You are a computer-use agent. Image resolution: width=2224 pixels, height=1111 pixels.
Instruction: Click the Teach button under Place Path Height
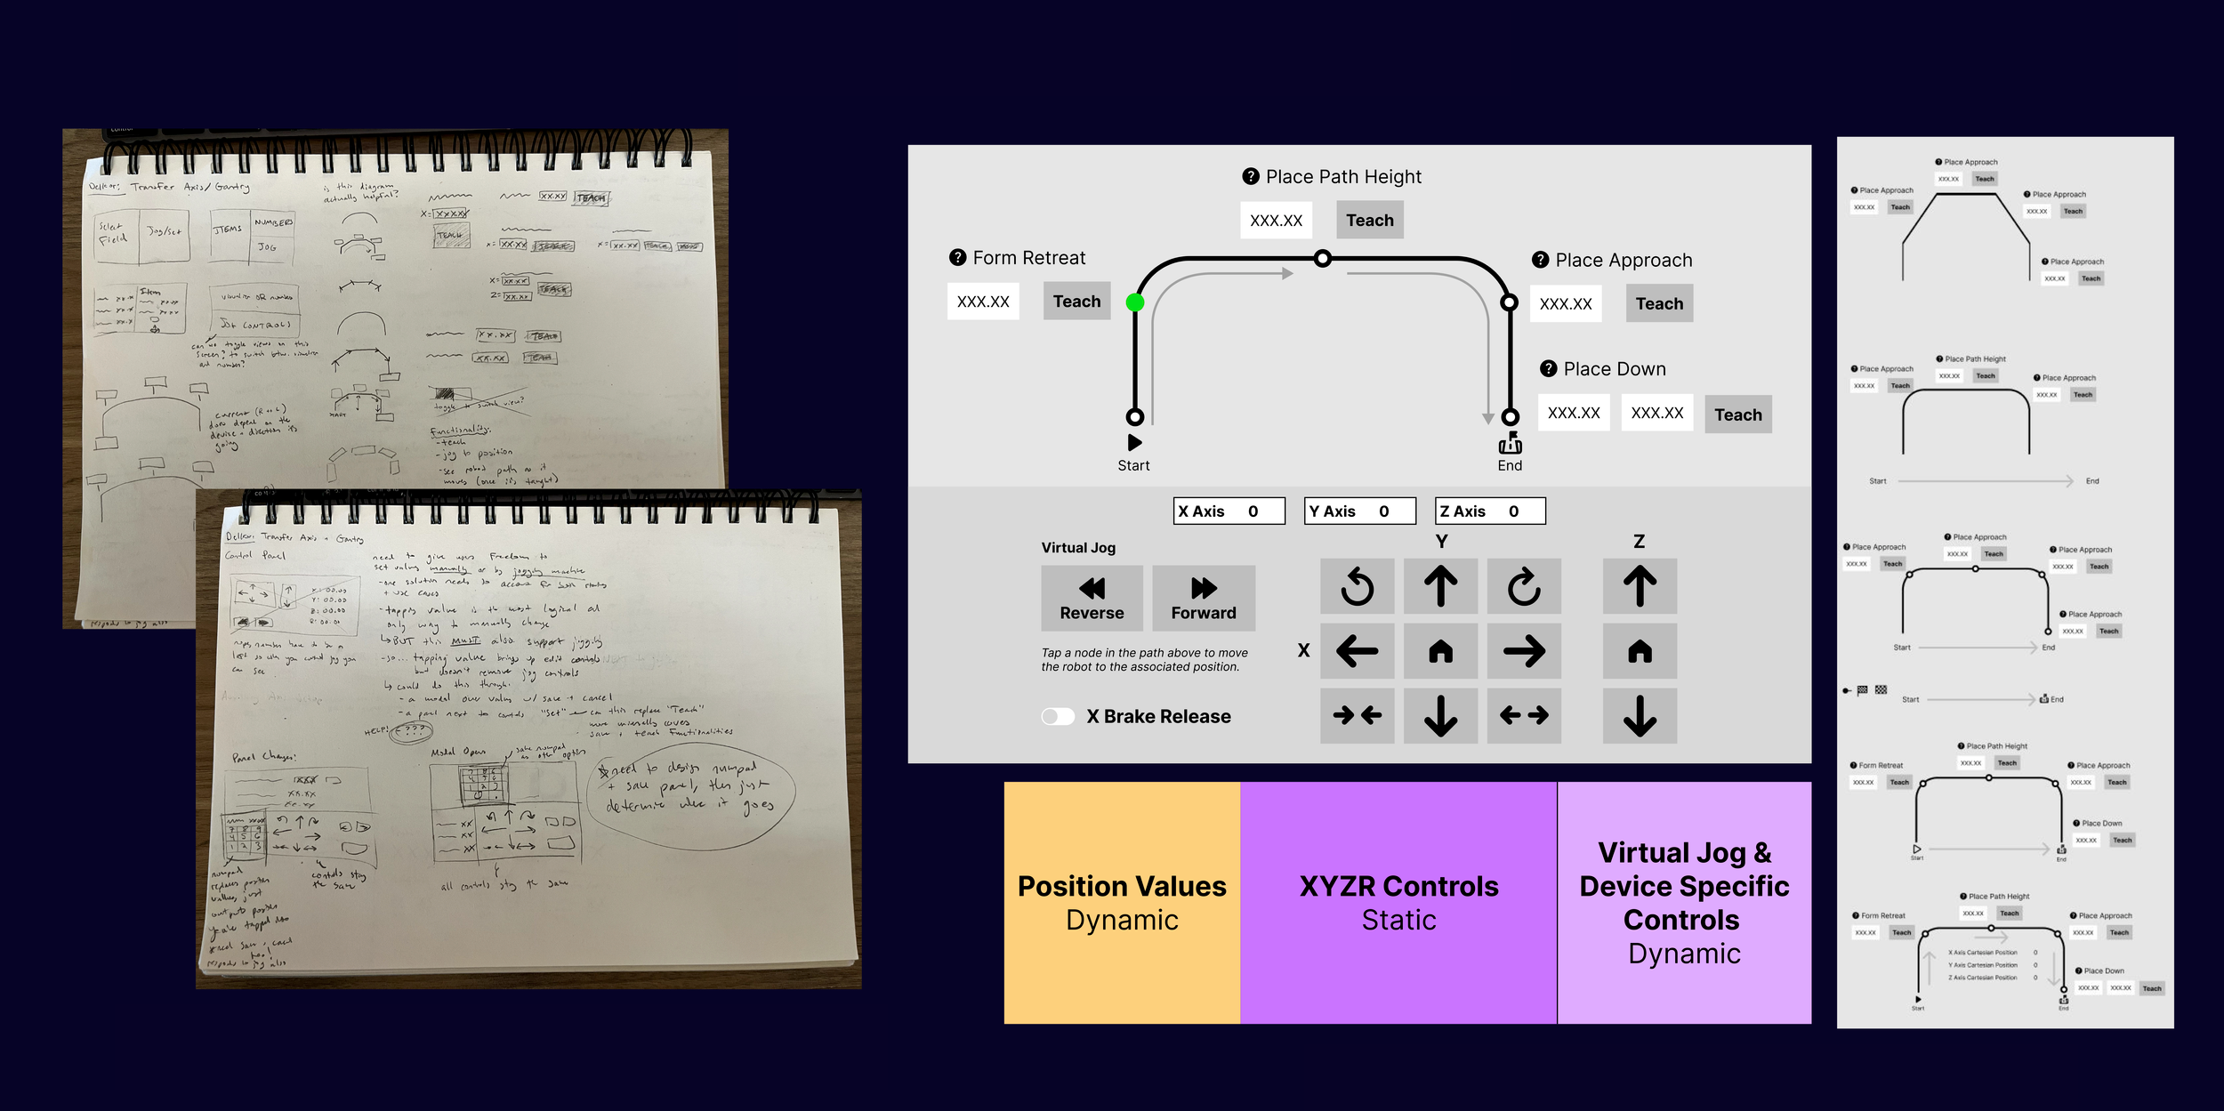tap(1369, 220)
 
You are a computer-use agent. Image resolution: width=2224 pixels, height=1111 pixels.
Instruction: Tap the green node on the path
tap(1135, 302)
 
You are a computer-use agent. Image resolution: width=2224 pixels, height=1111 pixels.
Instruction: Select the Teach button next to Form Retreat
tap(1076, 302)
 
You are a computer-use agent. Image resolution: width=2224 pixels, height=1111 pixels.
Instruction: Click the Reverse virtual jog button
tap(1092, 598)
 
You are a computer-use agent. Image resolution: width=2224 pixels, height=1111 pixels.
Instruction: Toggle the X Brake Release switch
tap(1058, 717)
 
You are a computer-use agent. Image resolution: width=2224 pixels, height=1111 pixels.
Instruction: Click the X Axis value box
tap(1229, 511)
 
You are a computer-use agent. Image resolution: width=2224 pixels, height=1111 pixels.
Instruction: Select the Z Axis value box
tap(1490, 511)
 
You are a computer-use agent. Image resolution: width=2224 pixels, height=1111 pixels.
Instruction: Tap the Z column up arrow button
tap(1640, 587)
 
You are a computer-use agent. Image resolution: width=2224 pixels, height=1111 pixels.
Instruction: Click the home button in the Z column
tap(1640, 652)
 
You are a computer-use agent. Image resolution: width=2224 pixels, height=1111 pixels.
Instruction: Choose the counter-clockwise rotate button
tap(1357, 587)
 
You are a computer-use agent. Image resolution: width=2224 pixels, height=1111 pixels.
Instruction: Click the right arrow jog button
tap(1524, 652)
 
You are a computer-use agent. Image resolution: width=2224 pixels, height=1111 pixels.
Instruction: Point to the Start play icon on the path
tap(1134, 442)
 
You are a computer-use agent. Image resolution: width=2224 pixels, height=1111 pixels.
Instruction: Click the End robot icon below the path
tap(1510, 444)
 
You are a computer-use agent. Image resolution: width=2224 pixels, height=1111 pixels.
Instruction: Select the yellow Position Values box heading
tap(1122, 886)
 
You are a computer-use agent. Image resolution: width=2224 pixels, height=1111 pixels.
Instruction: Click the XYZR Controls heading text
tap(1398, 886)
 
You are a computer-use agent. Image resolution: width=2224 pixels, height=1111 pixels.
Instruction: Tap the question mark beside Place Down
tap(1549, 368)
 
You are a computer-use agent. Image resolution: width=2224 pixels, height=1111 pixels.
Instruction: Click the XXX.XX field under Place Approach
tap(1566, 303)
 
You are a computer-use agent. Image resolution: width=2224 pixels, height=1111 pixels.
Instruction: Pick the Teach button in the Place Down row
tap(1737, 415)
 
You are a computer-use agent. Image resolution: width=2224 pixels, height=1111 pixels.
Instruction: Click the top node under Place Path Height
tap(1323, 259)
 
